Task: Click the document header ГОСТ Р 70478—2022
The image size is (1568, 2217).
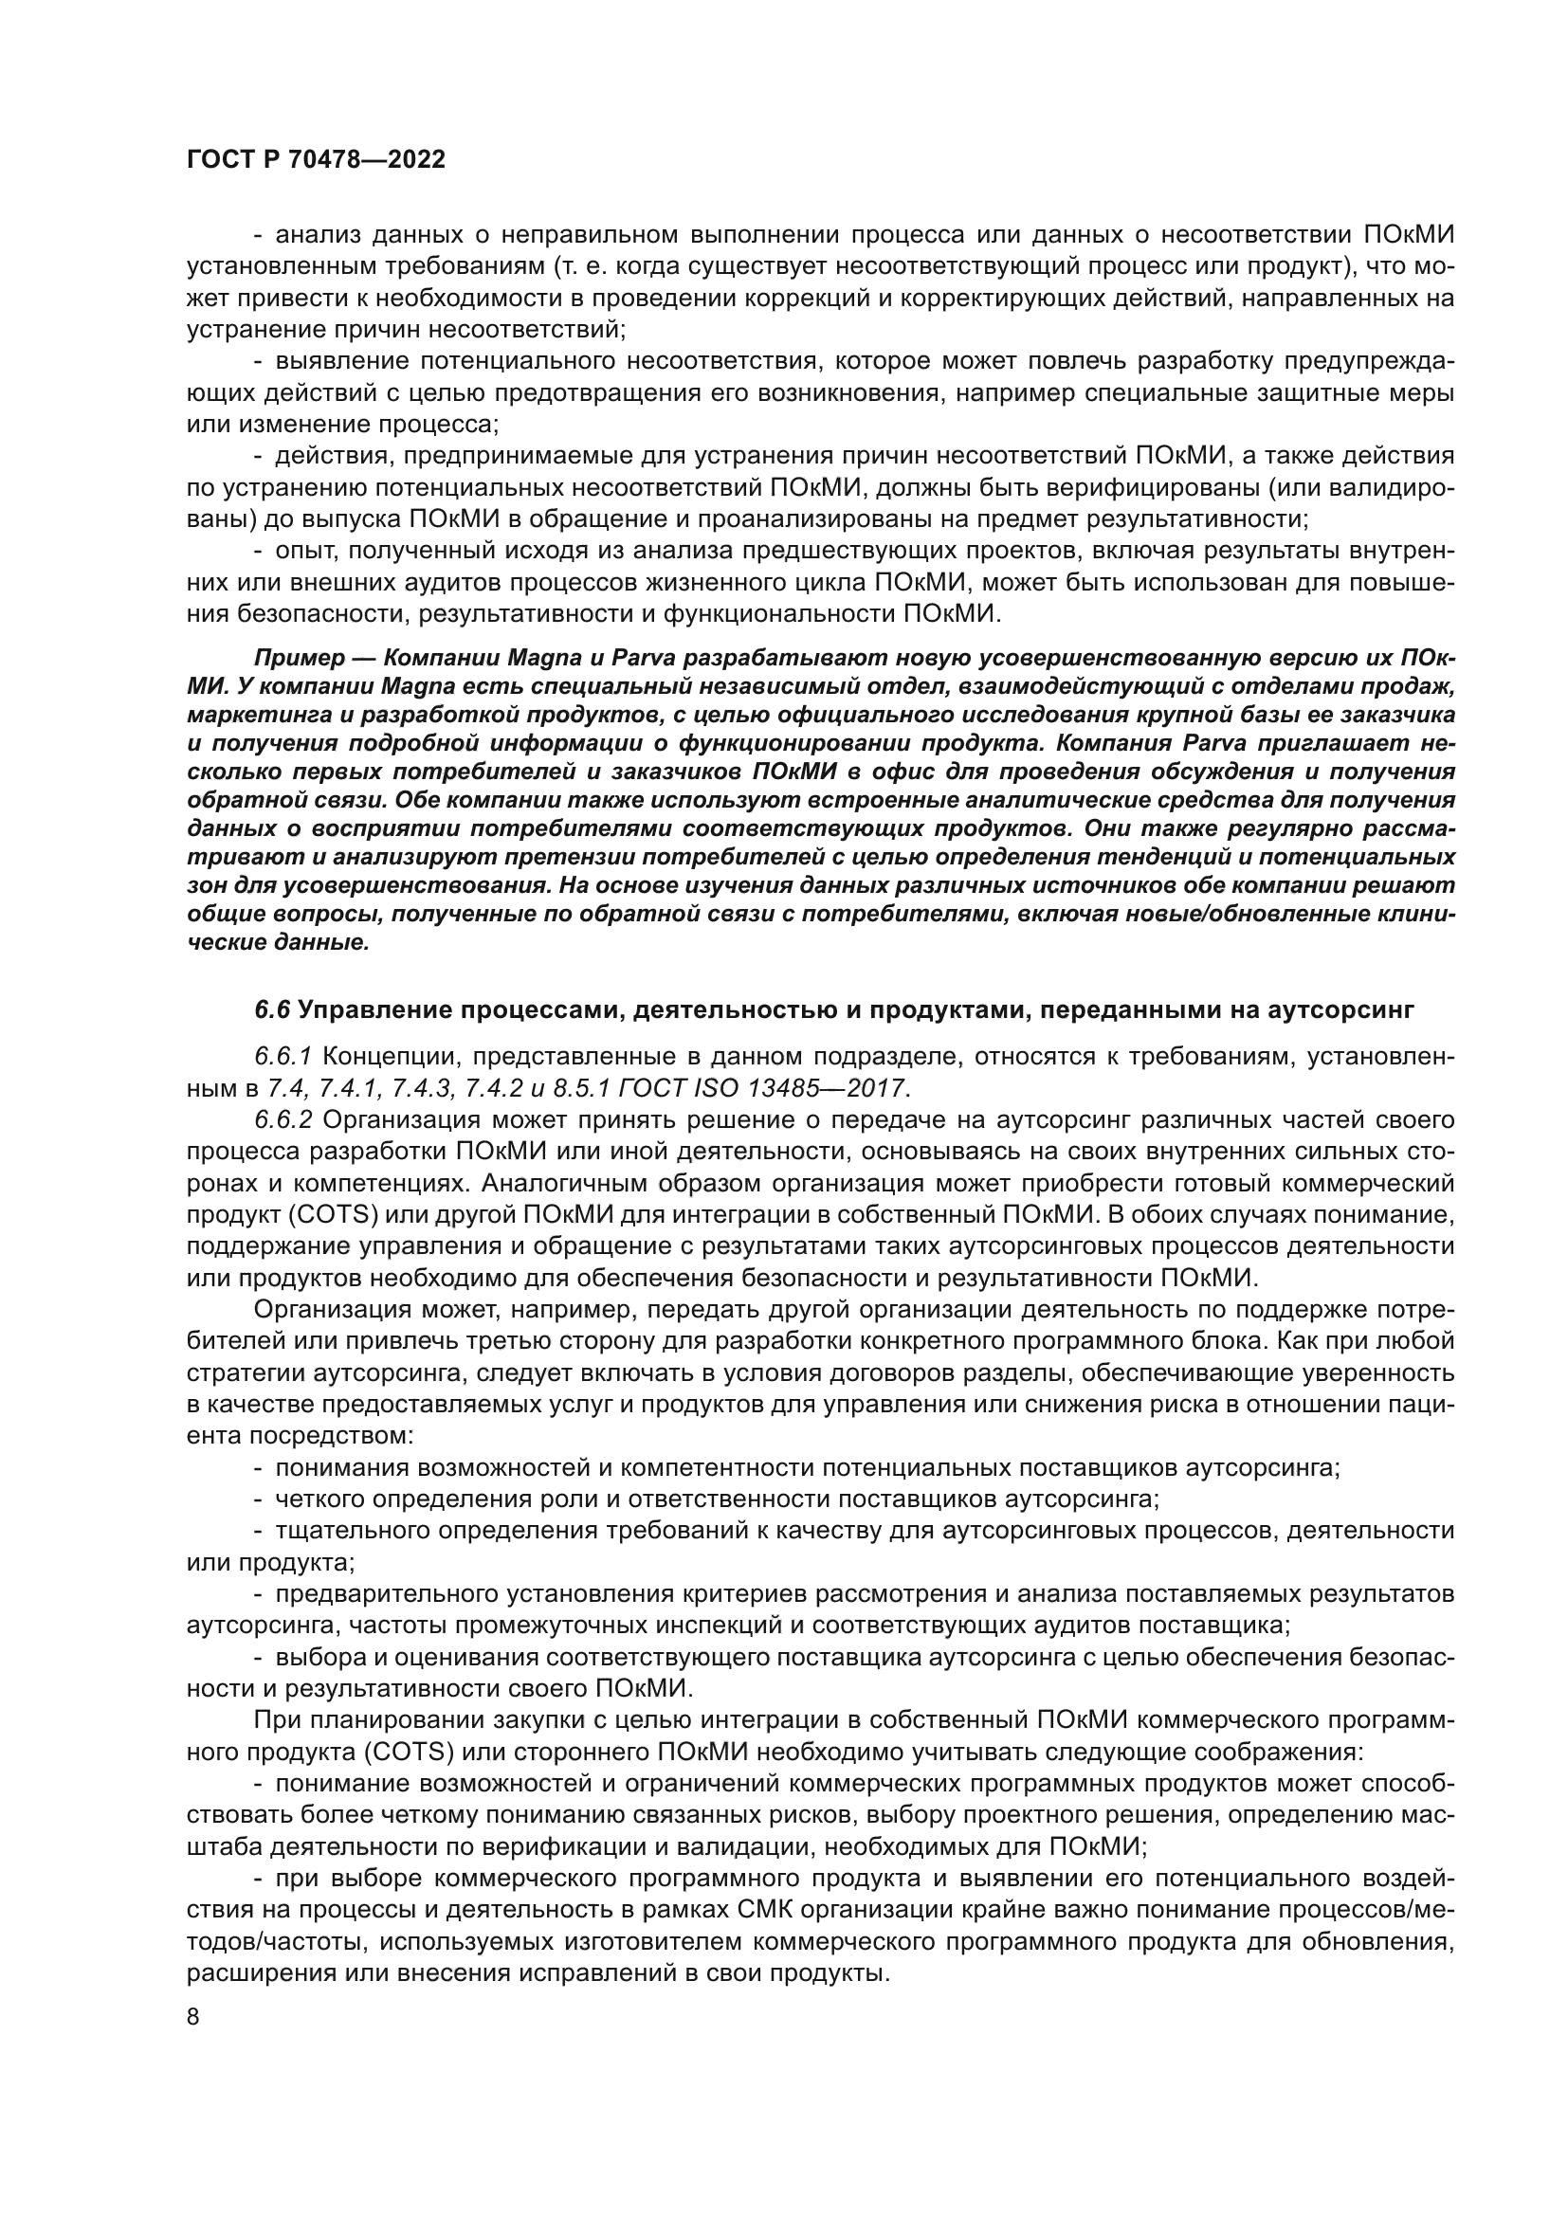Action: tap(316, 160)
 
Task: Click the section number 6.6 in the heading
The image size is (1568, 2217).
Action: tap(272, 1010)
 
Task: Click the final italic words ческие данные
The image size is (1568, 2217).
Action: tap(278, 942)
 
